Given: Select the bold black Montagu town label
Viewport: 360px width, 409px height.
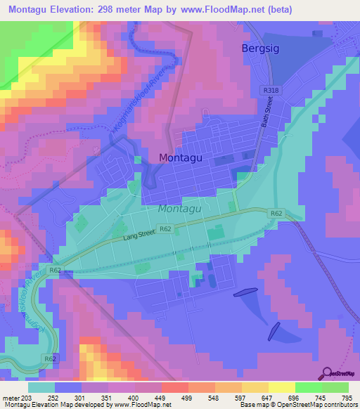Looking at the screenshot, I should click(x=181, y=158).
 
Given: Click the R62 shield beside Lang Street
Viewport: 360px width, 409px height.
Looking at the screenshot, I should click(x=165, y=229).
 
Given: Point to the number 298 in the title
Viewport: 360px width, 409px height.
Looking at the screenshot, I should click(x=110, y=10).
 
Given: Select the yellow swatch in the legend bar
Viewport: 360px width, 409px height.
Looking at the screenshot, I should click(x=281, y=387).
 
